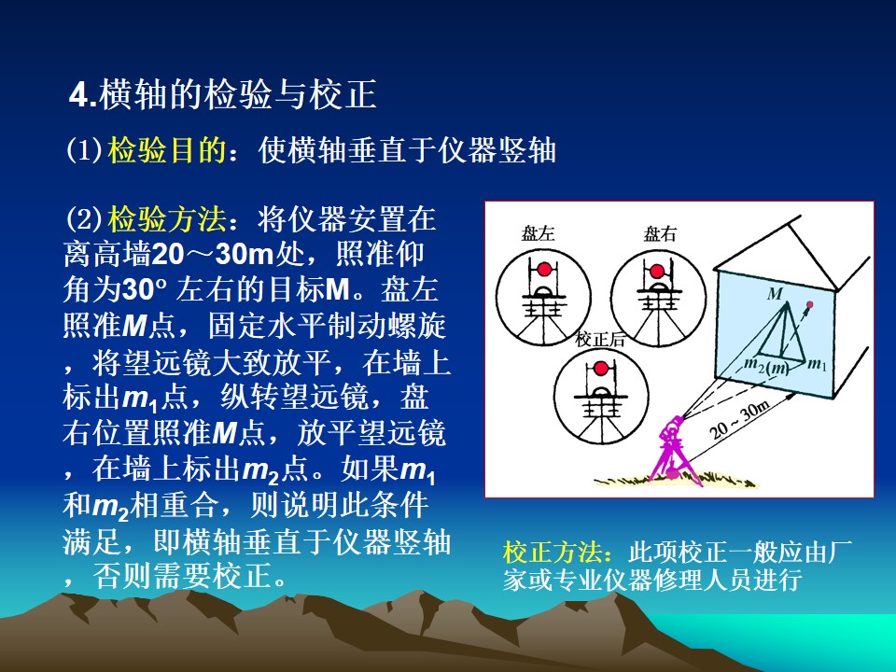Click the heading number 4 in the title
78,95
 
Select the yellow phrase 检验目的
166,150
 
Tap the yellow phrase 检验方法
166,218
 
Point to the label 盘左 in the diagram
538,233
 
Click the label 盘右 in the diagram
660,233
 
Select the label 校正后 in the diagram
599,340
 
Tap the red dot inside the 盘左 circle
544,269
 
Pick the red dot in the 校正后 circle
600,368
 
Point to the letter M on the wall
775,294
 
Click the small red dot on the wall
809,304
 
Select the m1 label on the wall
818,363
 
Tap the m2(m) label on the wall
767,366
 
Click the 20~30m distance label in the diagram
739,420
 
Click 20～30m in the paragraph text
213,254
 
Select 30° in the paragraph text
145,289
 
